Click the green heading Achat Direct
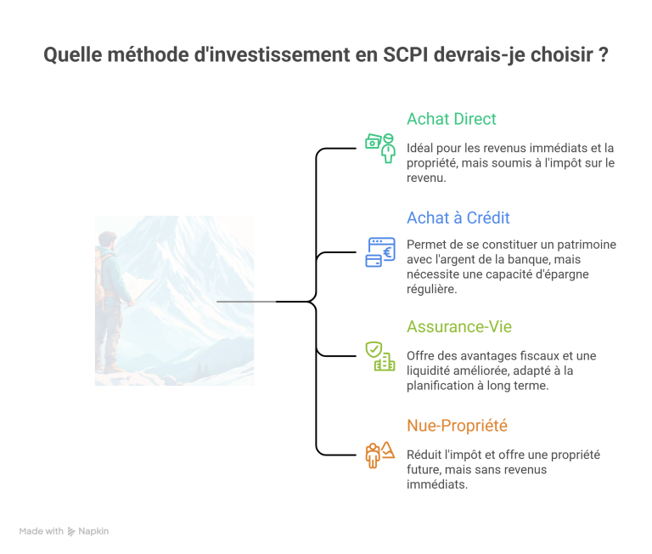451,119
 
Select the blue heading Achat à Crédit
458,218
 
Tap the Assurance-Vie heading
459,327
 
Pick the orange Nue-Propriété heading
457,426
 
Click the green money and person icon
380,148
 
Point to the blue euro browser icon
380,252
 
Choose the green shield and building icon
380,356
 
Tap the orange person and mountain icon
380,455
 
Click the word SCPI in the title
405,55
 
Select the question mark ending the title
604,55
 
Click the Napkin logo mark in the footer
71,532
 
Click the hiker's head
108,241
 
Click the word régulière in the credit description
431,289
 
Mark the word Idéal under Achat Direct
419,148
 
